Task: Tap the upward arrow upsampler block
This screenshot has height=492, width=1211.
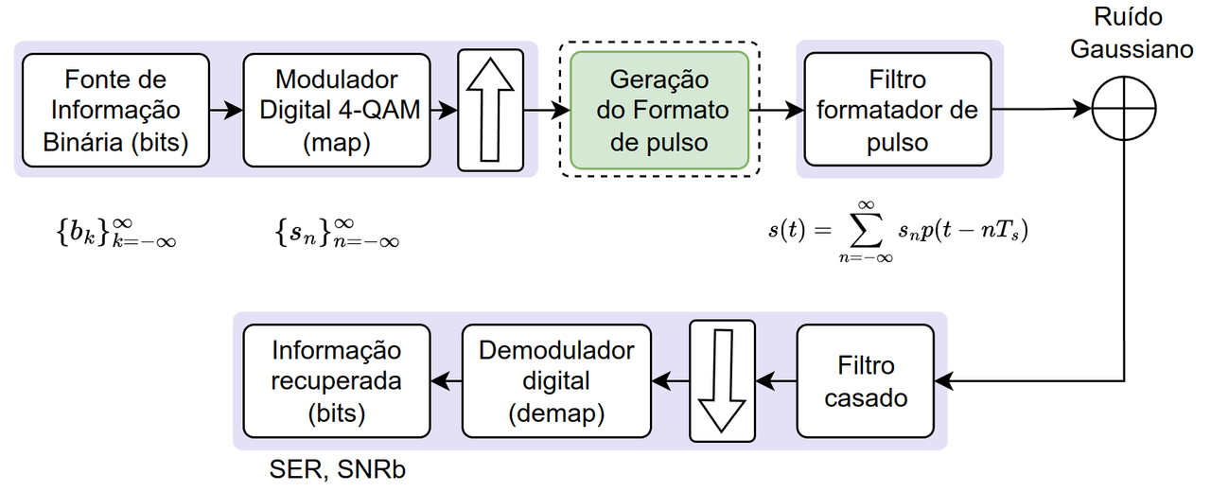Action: point(491,110)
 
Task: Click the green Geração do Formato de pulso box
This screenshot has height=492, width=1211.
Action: point(658,110)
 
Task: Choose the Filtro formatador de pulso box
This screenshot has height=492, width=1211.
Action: point(897,110)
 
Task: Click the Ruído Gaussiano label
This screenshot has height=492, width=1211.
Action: point(1132,34)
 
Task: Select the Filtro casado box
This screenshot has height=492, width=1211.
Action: point(865,380)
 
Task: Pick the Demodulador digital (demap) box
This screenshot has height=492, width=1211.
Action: point(556,380)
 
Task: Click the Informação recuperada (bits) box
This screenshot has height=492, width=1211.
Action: point(337,380)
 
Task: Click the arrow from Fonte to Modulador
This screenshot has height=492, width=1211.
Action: point(226,110)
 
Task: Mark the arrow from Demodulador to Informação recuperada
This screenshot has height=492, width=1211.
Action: point(446,380)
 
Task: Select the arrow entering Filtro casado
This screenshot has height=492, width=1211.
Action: point(956,381)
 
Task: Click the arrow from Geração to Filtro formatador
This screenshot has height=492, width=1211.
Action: point(776,110)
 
